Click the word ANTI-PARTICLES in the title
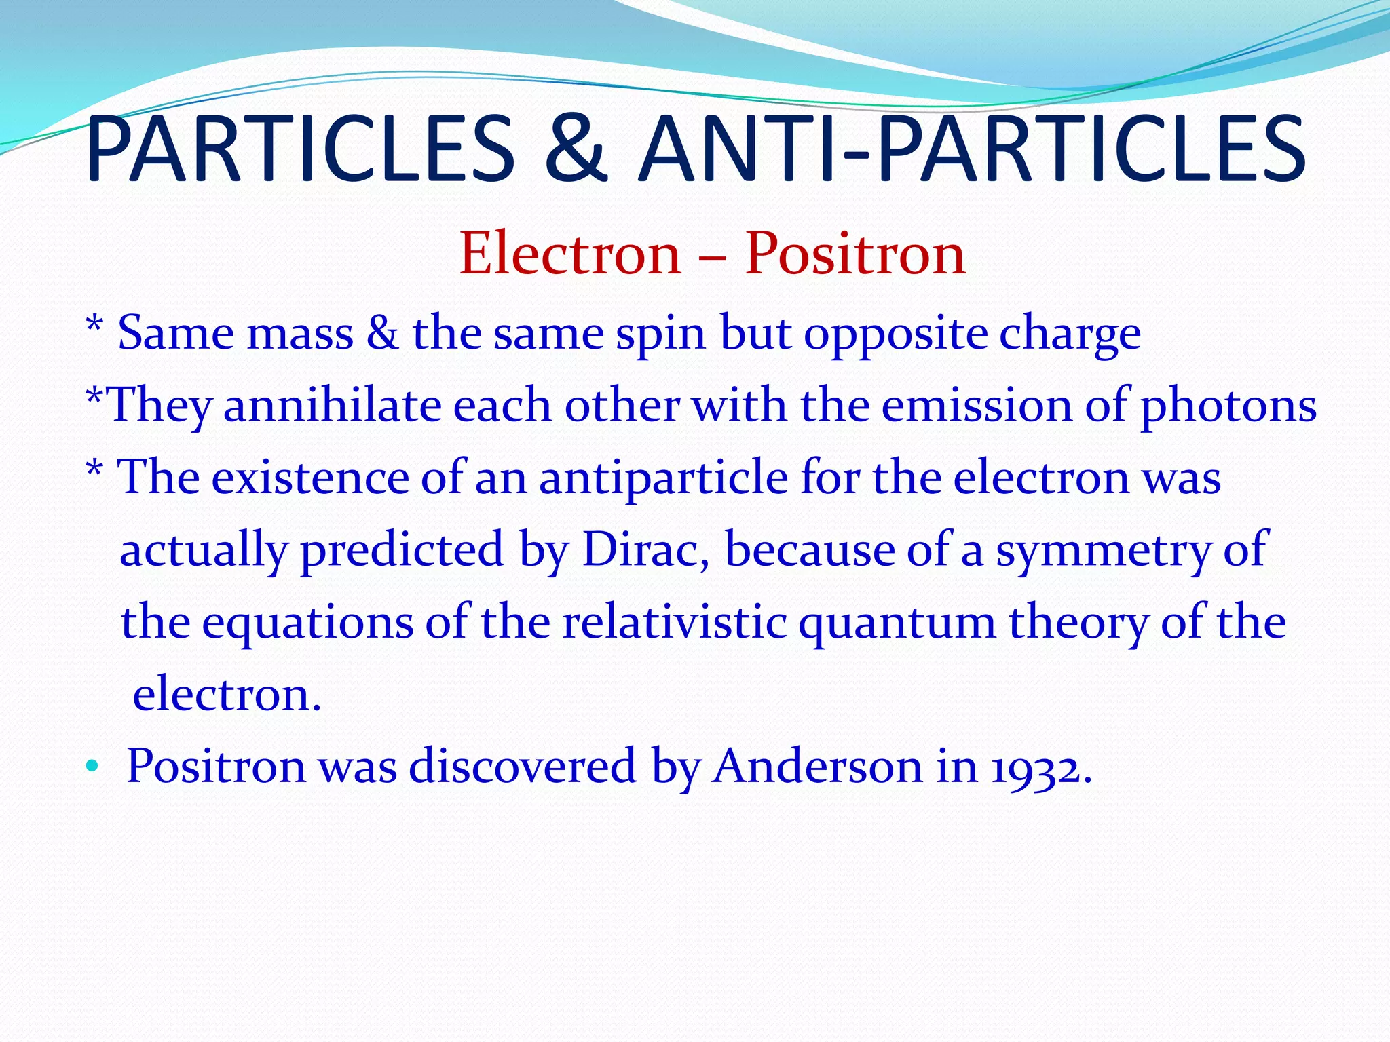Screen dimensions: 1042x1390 (971, 151)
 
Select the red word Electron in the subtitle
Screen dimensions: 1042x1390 (570, 254)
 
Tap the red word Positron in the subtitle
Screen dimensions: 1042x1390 (855, 254)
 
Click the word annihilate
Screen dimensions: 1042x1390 (333, 406)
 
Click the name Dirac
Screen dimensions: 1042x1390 (645, 549)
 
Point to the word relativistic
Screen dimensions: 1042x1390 (675, 622)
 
